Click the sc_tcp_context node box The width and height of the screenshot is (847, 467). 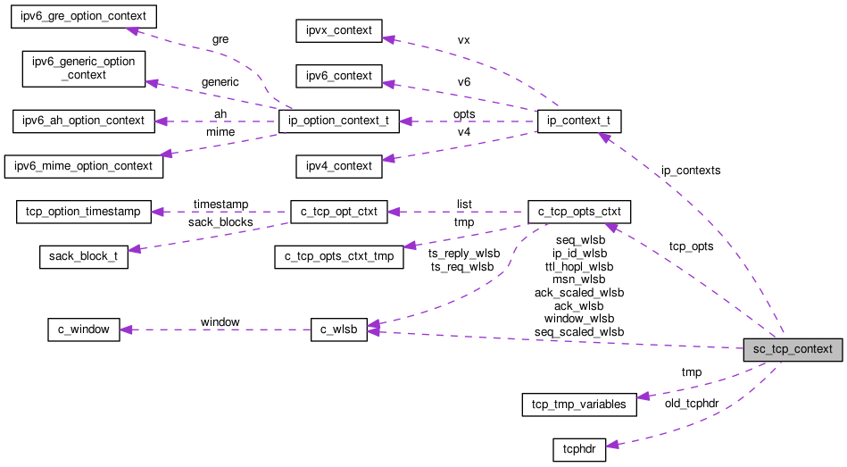[x=793, y=349]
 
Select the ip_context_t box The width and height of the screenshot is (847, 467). [x=579, y=121]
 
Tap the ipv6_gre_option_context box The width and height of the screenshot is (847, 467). [x=83, y=17]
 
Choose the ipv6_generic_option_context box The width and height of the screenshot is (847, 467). [x=83, y=69]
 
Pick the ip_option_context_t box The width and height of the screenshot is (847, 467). [x=339, y=121]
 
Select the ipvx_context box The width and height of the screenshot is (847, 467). [x=339, y=31]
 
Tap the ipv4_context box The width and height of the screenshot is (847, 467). [x=339, y=166]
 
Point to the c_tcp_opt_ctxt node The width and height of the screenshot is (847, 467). [x=339, y=213]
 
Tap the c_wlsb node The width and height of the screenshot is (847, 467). [x=339, y=329]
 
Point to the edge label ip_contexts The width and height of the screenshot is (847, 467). [x=691, y=170]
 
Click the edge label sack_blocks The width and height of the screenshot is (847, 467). [x=220, y=221]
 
